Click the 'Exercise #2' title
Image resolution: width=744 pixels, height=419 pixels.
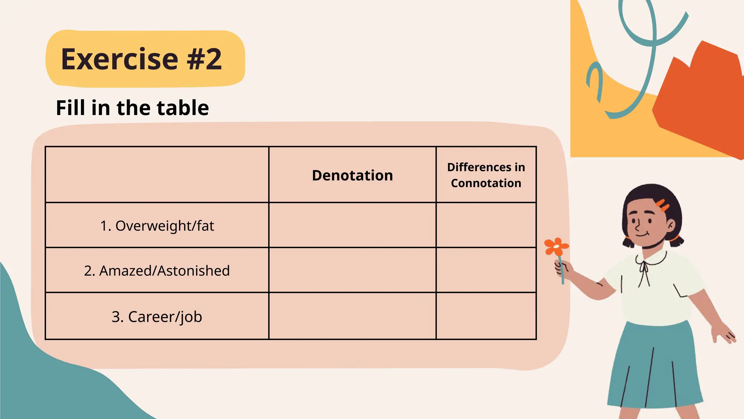[x=141, y=59]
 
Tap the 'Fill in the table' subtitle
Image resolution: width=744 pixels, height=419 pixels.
[x=132, y=108]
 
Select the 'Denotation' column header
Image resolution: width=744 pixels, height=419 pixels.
[x=352, y=175]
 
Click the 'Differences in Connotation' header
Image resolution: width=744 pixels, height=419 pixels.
[x=486, y=175]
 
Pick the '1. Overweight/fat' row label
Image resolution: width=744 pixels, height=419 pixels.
[x=157, y=226]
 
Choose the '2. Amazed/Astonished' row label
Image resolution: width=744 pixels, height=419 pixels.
[x=157, y=271]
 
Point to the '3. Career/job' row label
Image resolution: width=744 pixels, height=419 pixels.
[x=157, y=317]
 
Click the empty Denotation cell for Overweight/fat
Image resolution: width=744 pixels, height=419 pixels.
[x=352, y=225]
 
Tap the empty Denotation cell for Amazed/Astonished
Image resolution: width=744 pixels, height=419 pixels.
[x=352, y=270]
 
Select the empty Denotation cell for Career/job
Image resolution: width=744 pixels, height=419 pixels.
[x=352, y=316]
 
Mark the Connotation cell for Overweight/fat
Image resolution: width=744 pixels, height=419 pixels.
[x=486, y=225]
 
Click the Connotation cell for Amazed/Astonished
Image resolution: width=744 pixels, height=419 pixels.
[x=486, y=270]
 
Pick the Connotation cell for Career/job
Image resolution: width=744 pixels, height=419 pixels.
[x=486, y=316]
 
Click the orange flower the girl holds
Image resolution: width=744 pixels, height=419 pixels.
[x=556, y=247]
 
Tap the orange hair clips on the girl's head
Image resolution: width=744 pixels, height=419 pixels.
[x=663, y=205]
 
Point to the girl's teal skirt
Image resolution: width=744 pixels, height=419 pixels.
[x=654, y=367]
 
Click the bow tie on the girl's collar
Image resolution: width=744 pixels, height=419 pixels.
[x=644, y=267]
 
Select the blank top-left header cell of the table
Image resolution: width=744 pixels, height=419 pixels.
[x=157, y=175]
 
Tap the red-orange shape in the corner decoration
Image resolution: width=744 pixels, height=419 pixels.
[x=701, y=102]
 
